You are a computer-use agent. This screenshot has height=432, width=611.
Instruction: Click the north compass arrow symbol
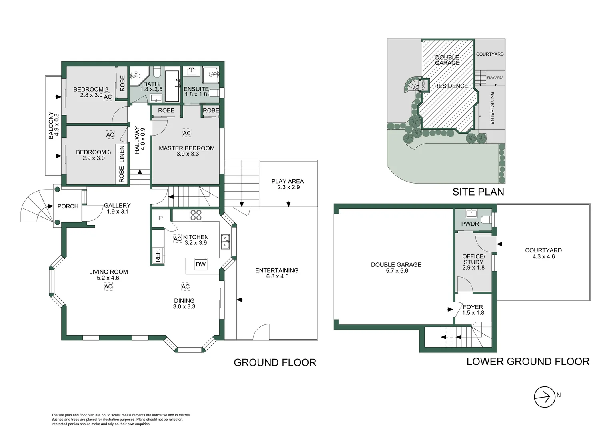click(x=544, y=397)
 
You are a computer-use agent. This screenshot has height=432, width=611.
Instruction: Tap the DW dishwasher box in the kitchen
click(x=201, y=264)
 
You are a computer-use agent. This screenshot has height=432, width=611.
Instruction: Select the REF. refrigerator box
click(x=158, y=255)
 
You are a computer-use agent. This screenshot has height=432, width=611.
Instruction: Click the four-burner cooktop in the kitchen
click(x=196, y=215)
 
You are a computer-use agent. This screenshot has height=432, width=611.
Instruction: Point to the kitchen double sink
click(x=225, y=242)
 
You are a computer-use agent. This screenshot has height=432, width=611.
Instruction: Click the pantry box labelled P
click(x=161, y=218)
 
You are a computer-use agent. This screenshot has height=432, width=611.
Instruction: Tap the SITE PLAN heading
click(x=478, y=192)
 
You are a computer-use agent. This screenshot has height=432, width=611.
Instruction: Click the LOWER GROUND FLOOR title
click(x=527, y=362)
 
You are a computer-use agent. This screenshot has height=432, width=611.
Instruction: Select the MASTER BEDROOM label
click(x=187, y=148)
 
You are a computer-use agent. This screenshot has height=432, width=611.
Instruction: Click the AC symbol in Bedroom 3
click(x=110, y=135)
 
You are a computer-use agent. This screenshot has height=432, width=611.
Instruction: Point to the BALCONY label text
click(x=51, y=125)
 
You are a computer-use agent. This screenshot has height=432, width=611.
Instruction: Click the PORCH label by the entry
click(x=68, y=206)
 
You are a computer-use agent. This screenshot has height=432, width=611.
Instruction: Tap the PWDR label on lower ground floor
click(x=470, y=224)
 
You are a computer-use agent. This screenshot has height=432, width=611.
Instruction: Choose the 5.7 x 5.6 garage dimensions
click(x=397, y=271)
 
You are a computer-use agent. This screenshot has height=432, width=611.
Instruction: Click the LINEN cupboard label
click(x=122, y=154)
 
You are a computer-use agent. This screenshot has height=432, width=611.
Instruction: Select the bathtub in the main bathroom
click(x=172, y=86)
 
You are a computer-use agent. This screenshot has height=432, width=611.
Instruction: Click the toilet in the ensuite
click(x=214, y=93)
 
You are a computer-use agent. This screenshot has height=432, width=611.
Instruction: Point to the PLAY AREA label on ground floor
click(x=287, y=181)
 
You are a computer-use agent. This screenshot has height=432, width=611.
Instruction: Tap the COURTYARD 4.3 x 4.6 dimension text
click(x=543, y=256)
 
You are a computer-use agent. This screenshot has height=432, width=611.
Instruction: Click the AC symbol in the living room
click(x=108, y=286)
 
